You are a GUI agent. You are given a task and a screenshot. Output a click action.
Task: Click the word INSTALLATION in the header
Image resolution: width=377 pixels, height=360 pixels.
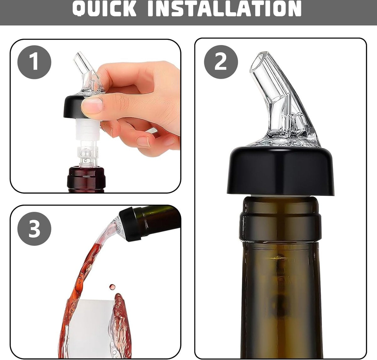(x=224, y=8)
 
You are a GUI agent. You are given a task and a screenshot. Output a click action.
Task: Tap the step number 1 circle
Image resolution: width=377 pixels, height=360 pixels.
(x=34, y=62)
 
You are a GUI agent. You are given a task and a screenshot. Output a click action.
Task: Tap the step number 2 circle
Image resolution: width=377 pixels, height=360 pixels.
(x=221, y=62)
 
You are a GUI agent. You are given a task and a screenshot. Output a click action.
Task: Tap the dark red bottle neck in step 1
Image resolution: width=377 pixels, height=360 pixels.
(x=86, y=179)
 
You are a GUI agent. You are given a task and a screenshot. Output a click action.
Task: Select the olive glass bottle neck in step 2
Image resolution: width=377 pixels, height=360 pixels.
(x=281, y=283)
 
